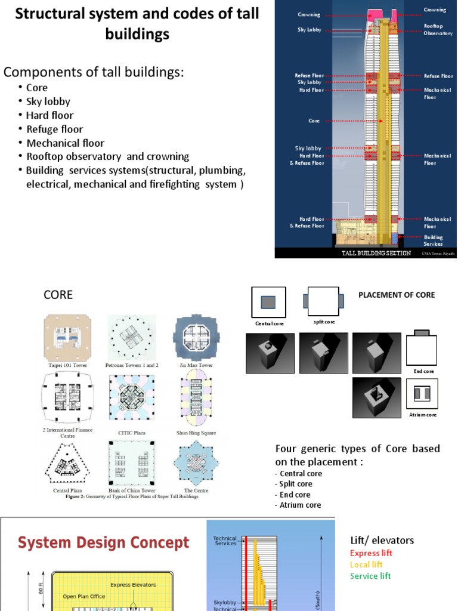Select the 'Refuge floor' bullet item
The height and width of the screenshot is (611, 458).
coord(54,129)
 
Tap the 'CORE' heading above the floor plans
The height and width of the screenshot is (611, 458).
coord(58,295)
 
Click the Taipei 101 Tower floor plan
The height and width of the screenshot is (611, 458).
coord(67,337)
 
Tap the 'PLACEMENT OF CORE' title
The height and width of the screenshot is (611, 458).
coord(396,295)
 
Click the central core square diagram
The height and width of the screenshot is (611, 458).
coord(269,303)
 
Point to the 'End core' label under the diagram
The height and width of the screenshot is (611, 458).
coord(423,371)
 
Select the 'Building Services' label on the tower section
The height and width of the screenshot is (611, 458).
coord(434,240)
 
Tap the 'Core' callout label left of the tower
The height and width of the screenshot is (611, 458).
coord(314,121)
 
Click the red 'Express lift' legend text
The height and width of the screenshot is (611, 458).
coord(371,553)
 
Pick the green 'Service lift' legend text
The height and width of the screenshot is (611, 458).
coord(370,576)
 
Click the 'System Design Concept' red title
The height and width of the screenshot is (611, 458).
coord(103,543)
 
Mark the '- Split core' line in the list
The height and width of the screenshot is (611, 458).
coord(293,484)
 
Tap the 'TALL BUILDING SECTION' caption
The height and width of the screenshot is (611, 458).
coord(376,253)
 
